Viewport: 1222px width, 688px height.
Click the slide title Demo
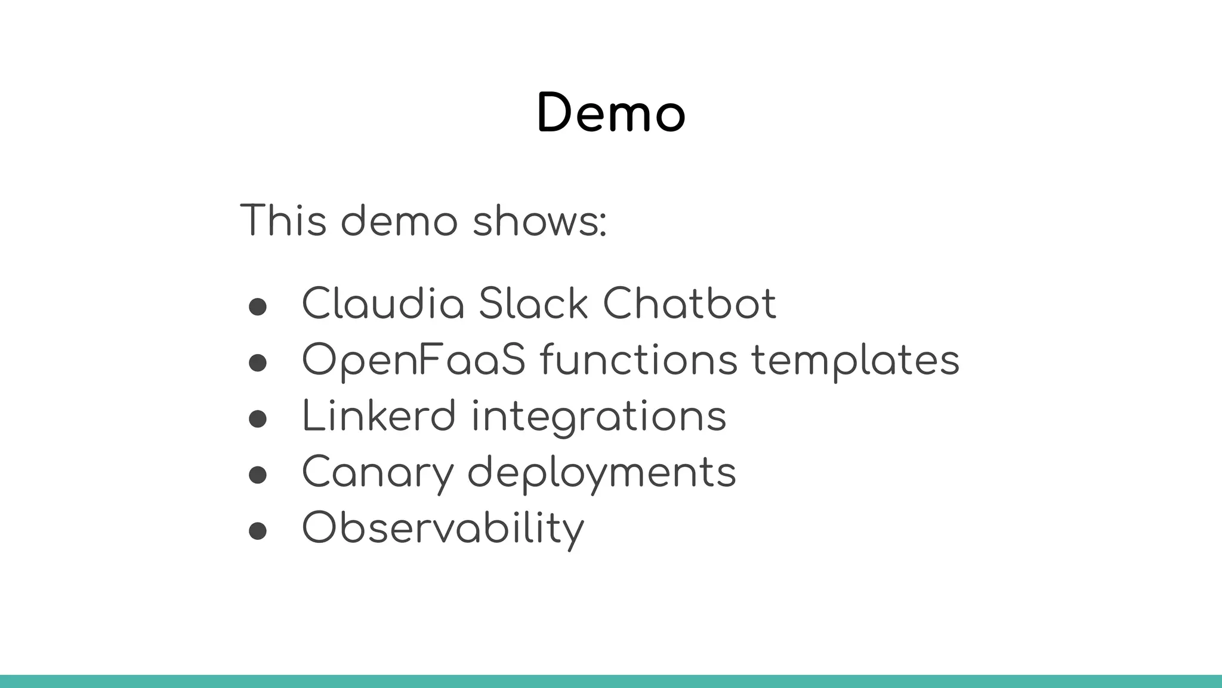tap(611, 113)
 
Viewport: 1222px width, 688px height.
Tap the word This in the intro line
tap(283, 220)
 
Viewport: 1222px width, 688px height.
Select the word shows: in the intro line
tap(539, 220)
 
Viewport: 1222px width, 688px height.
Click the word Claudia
tap(383, 304)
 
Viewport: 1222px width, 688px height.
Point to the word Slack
tap(533, 304)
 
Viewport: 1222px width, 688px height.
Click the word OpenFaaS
tap(413, 360)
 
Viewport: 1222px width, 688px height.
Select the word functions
tap(638, 360)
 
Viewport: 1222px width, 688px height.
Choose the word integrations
tap(598, 417)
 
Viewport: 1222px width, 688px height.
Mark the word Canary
tap(378, 472)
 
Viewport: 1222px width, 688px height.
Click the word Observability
tap(443, 528)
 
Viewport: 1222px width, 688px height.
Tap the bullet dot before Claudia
tap(257, 307)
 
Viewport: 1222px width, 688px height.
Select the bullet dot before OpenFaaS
tap(257, 363)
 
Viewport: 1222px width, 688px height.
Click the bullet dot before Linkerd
tap(257, 419)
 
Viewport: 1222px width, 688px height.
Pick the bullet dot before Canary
tap(257, 475)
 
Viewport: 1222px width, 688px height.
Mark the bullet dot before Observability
tap(257, 531)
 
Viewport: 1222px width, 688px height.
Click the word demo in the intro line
tap(399, 220)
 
